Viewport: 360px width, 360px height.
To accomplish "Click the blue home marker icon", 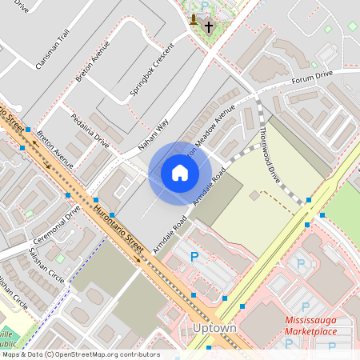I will click(180, 172).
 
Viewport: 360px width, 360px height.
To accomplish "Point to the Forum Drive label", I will click(311, 78).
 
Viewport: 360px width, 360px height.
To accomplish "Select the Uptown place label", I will click(214, 329).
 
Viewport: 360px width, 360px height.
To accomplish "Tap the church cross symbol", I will click(209, 26).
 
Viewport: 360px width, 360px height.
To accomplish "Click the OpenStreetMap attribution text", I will click(80, 354).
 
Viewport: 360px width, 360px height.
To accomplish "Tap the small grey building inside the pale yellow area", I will click(254, 194).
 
